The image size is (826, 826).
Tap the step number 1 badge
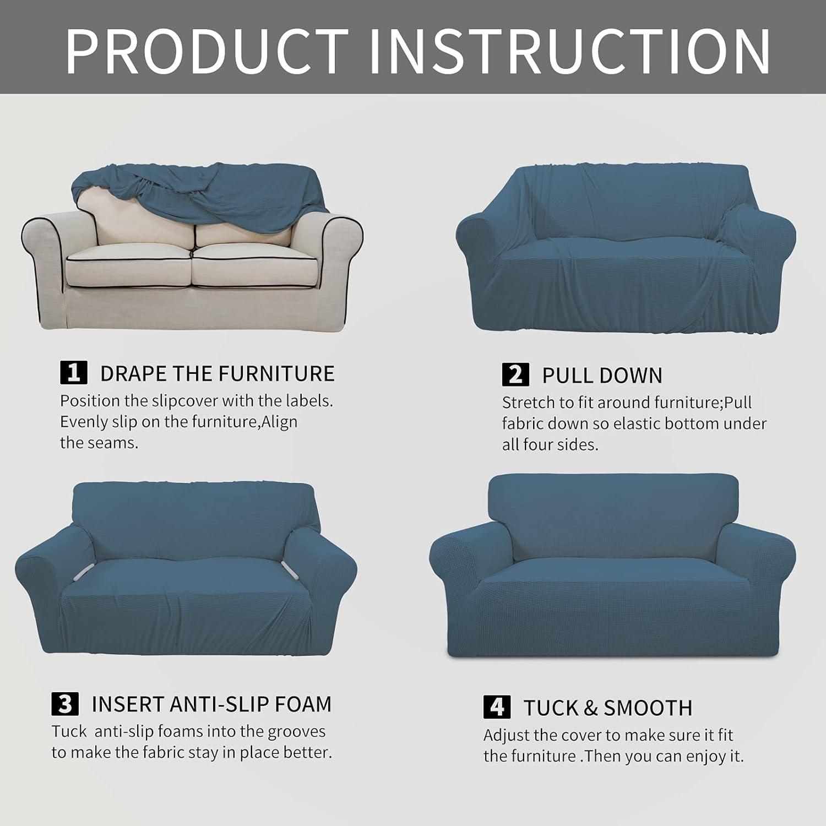click(x=73, y=373)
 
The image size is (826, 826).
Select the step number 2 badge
click(x=515, y=374)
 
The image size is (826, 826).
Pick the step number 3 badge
click(x=65, y=704)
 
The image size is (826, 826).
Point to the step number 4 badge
click(x=497, y=707)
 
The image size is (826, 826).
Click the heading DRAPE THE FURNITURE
click(x=217, y=373)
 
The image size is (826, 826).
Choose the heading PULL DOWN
click(x=602, y=376)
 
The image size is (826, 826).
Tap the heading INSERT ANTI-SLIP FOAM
click(x=211, y=704)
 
